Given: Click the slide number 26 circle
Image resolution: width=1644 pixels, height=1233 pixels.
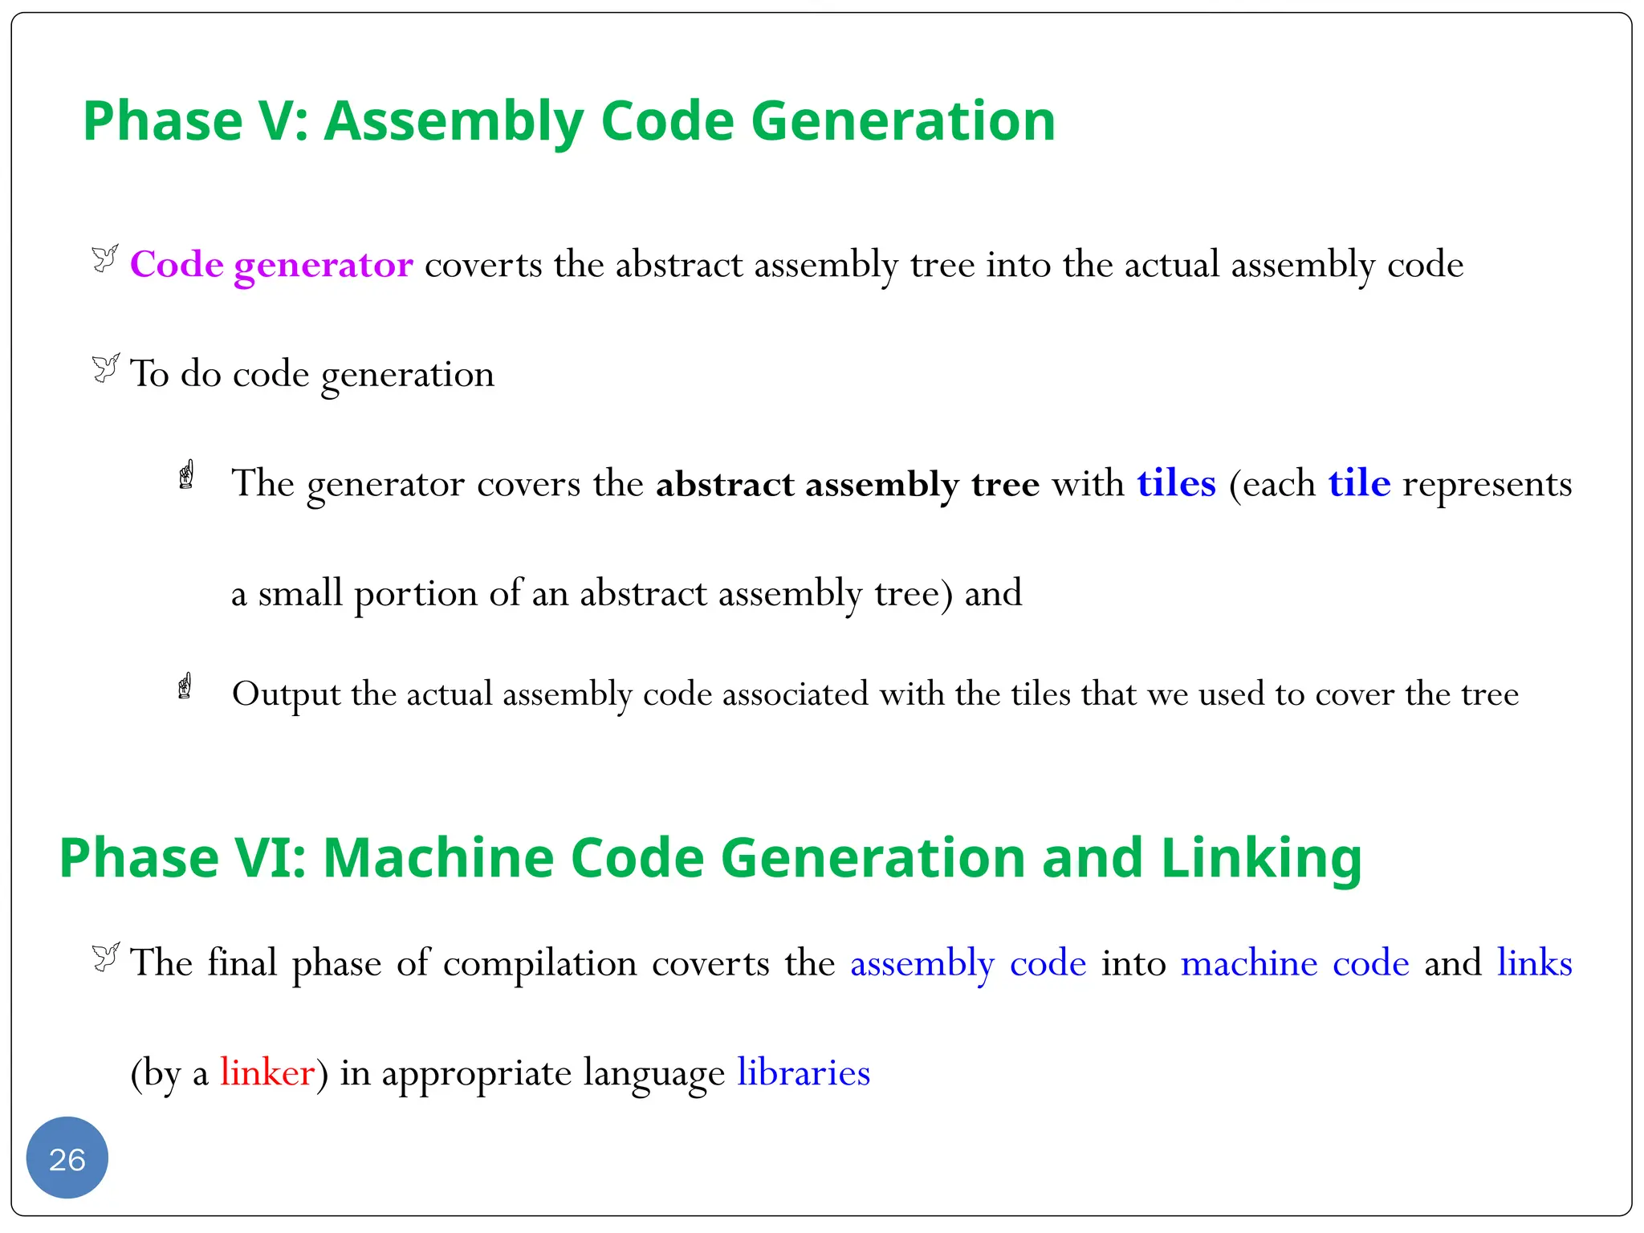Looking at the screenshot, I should tap(67, 1158).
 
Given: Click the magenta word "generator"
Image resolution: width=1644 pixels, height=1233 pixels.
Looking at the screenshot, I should tap(324, 265).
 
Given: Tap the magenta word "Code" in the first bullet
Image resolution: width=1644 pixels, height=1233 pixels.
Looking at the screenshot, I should tap(177, 264).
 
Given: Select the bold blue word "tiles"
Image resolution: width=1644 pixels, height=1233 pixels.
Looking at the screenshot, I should tap(1176, 483).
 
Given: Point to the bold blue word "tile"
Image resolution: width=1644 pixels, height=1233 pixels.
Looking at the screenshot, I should tap(1358, 483).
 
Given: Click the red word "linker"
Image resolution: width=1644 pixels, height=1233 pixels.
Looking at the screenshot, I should tap(267, 1072).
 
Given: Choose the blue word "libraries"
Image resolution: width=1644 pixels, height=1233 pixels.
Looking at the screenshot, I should tap(804, 1072).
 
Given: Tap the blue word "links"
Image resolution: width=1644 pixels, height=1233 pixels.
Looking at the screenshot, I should tap(1534, 962).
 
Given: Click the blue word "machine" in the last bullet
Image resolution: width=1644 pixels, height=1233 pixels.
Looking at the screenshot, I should tap(1249, 962).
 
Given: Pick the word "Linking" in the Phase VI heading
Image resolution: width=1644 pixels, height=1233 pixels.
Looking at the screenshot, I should tap(1261, 857).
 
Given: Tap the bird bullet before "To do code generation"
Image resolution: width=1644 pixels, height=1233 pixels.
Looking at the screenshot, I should tap(105, 368).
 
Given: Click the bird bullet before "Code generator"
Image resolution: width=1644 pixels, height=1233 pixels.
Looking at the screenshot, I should tap(105, 258).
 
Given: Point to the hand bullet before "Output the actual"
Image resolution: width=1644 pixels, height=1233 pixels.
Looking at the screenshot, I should tap(185, 686).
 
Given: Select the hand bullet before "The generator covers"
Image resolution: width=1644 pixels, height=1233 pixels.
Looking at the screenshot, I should tap(187, 475).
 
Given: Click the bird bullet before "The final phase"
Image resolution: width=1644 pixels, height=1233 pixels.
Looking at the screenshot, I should tap(105, 956).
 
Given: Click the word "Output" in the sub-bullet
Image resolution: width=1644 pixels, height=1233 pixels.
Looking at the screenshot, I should tap(286, 694).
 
